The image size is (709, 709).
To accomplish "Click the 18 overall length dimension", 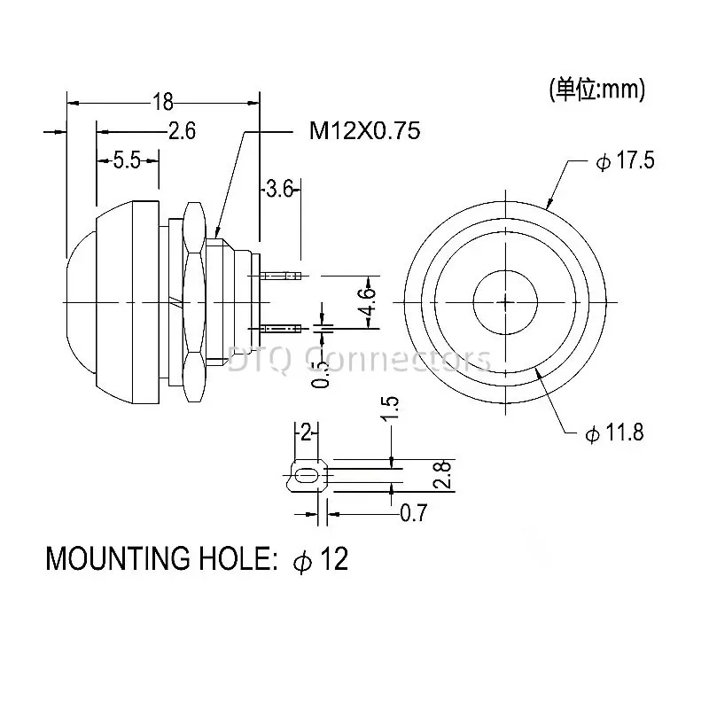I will click(x=163, y=100).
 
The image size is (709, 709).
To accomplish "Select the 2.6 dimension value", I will click(x=181, y=131).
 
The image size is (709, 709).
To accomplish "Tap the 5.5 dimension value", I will click(x=128, y=160).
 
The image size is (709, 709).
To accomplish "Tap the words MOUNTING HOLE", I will click(x=155, y=559).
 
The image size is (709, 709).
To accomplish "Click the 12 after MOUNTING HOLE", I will click(x=332, y=559).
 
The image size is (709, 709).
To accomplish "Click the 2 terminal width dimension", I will click(x=306, y=432).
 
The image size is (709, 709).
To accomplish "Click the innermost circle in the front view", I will click(x=505, y=301).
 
